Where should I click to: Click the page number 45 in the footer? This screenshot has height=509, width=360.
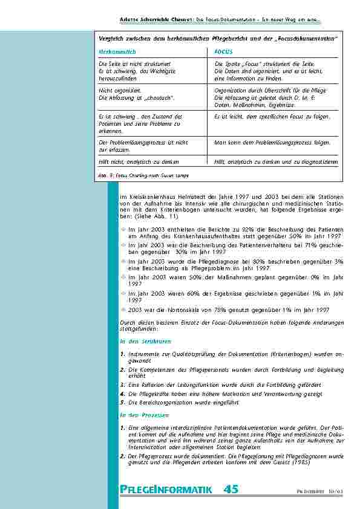[230, 489]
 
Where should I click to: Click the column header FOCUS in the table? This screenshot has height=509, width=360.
[223, 52]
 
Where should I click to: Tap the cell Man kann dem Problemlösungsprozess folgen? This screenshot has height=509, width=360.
[272, 143]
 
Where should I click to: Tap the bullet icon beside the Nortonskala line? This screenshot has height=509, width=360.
[123, 308]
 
